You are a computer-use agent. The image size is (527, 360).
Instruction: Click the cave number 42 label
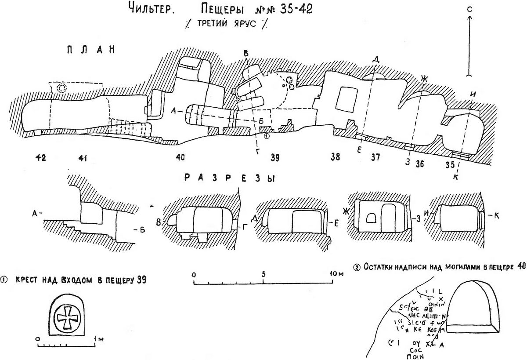(x=43, y=156)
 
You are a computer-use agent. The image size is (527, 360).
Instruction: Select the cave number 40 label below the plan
(x=180, y=157)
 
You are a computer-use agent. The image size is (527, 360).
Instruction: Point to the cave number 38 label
(x=335, y=157)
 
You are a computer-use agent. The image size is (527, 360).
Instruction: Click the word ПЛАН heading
(x=90, y=50)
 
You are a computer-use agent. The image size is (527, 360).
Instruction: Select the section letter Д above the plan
(x=375, y=59)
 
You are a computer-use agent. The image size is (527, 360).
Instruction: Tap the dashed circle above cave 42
(x=62, y=88)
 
